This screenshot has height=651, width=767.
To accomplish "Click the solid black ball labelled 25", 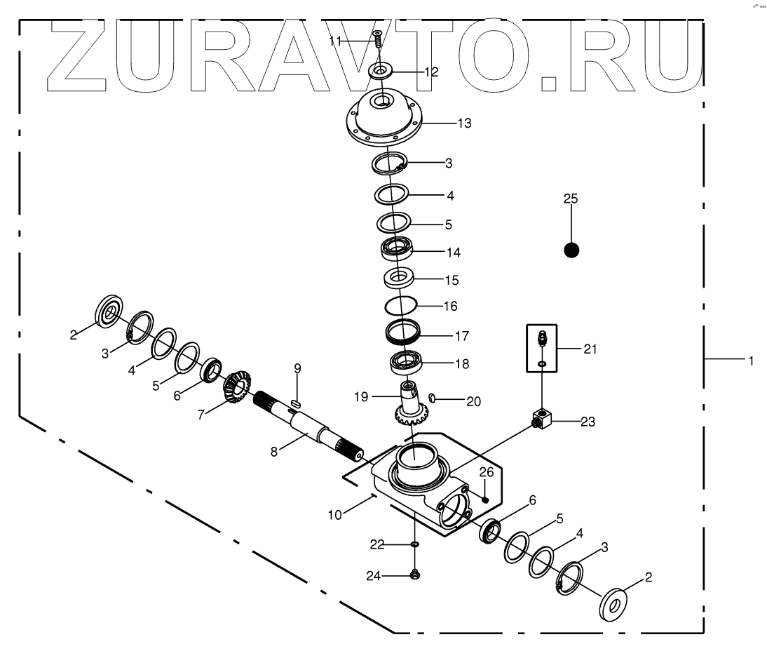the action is pos(571,250).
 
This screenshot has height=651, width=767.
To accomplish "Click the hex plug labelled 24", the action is pos(414,575).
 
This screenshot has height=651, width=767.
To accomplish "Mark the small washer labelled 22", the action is pos(414,544).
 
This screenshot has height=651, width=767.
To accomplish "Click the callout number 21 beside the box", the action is pos(590,349).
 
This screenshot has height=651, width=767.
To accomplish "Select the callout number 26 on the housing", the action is pos(487,472).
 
